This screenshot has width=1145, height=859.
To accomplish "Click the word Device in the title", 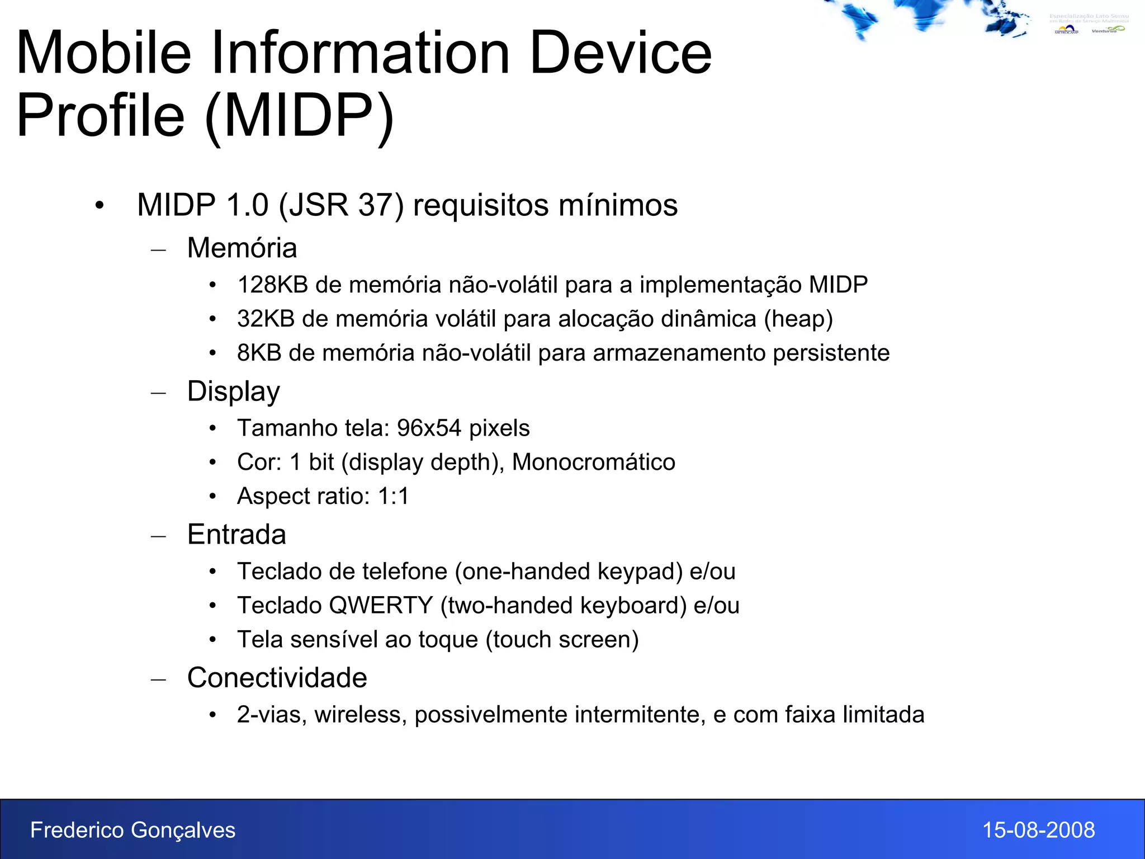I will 620,53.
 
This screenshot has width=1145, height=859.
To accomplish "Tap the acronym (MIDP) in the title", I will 300,116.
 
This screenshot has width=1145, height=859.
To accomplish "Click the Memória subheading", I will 242,248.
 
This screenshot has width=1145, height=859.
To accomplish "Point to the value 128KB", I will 272,285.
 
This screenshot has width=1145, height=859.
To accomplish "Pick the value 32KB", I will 266,319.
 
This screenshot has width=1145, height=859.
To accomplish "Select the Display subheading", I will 233,391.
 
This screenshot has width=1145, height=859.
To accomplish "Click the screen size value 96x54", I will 429,428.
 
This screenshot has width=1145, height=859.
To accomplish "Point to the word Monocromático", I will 593,462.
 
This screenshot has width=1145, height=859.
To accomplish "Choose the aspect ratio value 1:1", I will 394,497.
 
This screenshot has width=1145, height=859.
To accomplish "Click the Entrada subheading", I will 236,535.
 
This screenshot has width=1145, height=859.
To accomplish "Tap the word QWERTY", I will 381,606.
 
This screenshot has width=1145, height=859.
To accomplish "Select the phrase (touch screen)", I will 562,640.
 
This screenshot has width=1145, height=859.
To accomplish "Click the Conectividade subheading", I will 277,678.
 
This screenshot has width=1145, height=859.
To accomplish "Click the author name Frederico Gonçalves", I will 133,830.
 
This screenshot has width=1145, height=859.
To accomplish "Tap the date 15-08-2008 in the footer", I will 1038,830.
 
